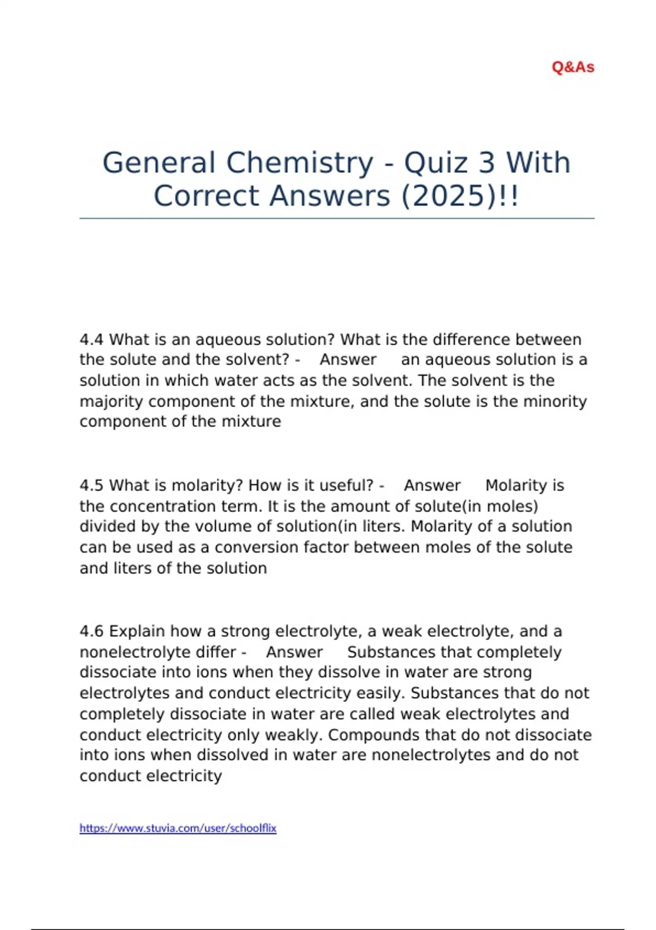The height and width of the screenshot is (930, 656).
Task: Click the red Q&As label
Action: click(573, 67)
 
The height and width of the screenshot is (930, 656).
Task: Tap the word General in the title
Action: click(159, 163)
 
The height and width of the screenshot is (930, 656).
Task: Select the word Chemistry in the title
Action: click(300, 163)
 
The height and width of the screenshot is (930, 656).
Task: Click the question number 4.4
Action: click(91, 340)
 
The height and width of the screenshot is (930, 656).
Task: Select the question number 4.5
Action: click(91, 486)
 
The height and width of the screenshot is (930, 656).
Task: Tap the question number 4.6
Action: click(91, 631)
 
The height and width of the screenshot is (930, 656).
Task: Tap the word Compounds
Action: click(373, 735)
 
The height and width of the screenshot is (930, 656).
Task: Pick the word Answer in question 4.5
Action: click(432, 486)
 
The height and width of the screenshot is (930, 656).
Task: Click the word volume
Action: click(220, 526)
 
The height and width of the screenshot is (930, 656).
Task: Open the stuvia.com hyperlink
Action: click(178, 828)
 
